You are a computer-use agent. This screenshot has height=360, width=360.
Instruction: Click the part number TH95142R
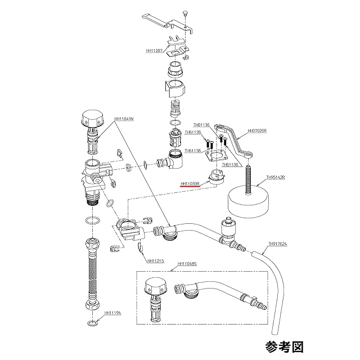coord(276,176)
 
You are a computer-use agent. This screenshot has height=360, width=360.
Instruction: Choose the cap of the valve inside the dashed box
coord(155,285)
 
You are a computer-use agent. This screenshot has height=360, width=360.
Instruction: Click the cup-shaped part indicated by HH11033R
coord(215,176)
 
